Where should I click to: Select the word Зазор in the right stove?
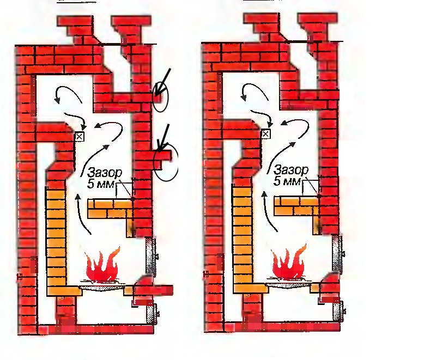click(x=292, y=169)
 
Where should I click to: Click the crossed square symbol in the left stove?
click(x=80, y=136)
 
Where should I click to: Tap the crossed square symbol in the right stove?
click(x=267, y=133)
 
